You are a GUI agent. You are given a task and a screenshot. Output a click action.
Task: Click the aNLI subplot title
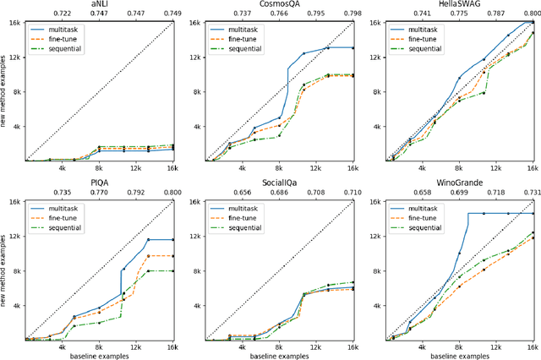pos(99,4)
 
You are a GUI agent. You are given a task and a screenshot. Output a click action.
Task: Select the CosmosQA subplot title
pos(279,4)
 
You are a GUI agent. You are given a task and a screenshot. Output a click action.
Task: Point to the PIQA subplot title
pos(99,184)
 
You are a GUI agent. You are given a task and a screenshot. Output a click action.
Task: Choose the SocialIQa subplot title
pos(279,184)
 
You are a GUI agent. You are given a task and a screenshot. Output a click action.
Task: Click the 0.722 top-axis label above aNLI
pos(63,14)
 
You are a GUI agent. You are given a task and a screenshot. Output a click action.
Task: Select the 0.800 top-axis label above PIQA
pos(172,194)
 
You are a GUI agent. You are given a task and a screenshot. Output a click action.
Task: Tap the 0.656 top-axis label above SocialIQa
pos(243,194)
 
